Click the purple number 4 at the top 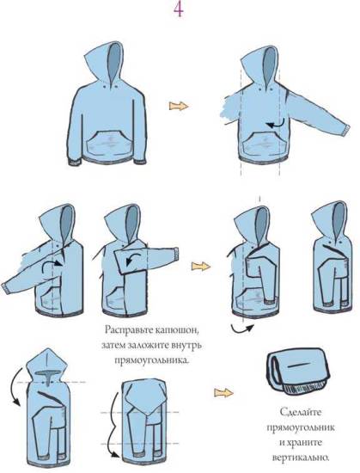[x=179, y=9]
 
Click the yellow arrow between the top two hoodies [x=179, y=106]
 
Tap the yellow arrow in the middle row [x=201, y=266]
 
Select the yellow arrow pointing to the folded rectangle [x=223, y=393]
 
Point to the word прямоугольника [x=152, y=359]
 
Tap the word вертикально [x=300, y=458]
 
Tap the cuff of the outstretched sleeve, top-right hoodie [x=346, y=129]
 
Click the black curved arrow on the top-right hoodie [x=277, y=124]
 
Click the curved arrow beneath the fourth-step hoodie [x=242, y=329]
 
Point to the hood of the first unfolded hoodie [x=106, y=64]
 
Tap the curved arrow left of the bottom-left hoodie [x=14, y=387]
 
